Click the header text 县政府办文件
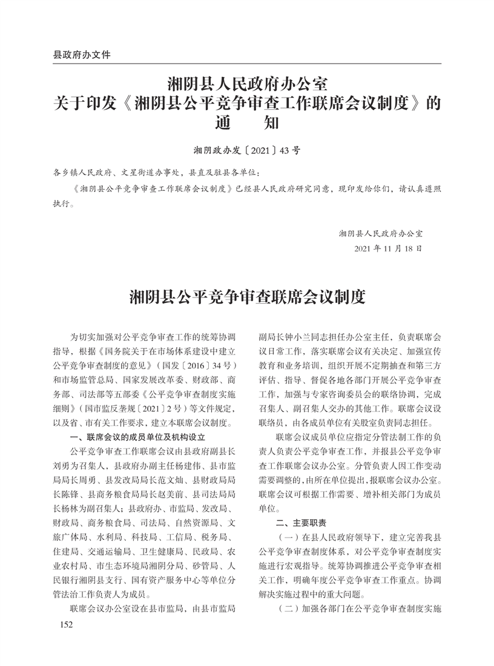[82, 54]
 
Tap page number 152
[62, 625]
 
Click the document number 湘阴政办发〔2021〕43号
[246, 148]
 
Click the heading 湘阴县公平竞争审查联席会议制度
[247, 298]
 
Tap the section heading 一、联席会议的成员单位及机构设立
[139, 436]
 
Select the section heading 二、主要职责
[301, 522]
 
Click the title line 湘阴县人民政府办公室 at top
[247, 81]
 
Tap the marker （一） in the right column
[286, 536]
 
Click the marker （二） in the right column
[286, 607]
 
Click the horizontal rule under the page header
[247, 63]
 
